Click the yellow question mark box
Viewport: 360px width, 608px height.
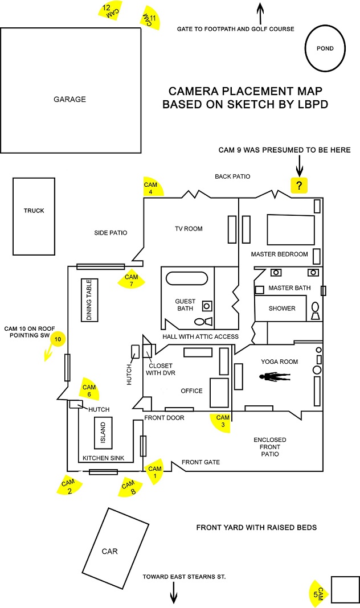299,186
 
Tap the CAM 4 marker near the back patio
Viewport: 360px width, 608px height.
152,187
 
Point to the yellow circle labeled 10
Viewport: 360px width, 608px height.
58,339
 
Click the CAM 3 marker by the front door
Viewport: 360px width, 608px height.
221,422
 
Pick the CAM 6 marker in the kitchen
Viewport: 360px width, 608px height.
89,389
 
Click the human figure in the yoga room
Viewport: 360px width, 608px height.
275,376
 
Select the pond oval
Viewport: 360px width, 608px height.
325,48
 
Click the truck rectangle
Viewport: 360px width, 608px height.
34,216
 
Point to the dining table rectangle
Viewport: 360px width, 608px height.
89,300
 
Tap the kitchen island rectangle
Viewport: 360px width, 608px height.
103,432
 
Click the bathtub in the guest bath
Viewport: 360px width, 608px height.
187,278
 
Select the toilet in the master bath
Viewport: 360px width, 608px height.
316,311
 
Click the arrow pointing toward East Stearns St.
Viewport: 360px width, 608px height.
173,593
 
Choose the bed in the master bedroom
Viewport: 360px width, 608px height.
291,230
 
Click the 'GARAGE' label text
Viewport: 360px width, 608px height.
70,99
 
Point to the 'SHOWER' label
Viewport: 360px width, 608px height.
282,308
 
